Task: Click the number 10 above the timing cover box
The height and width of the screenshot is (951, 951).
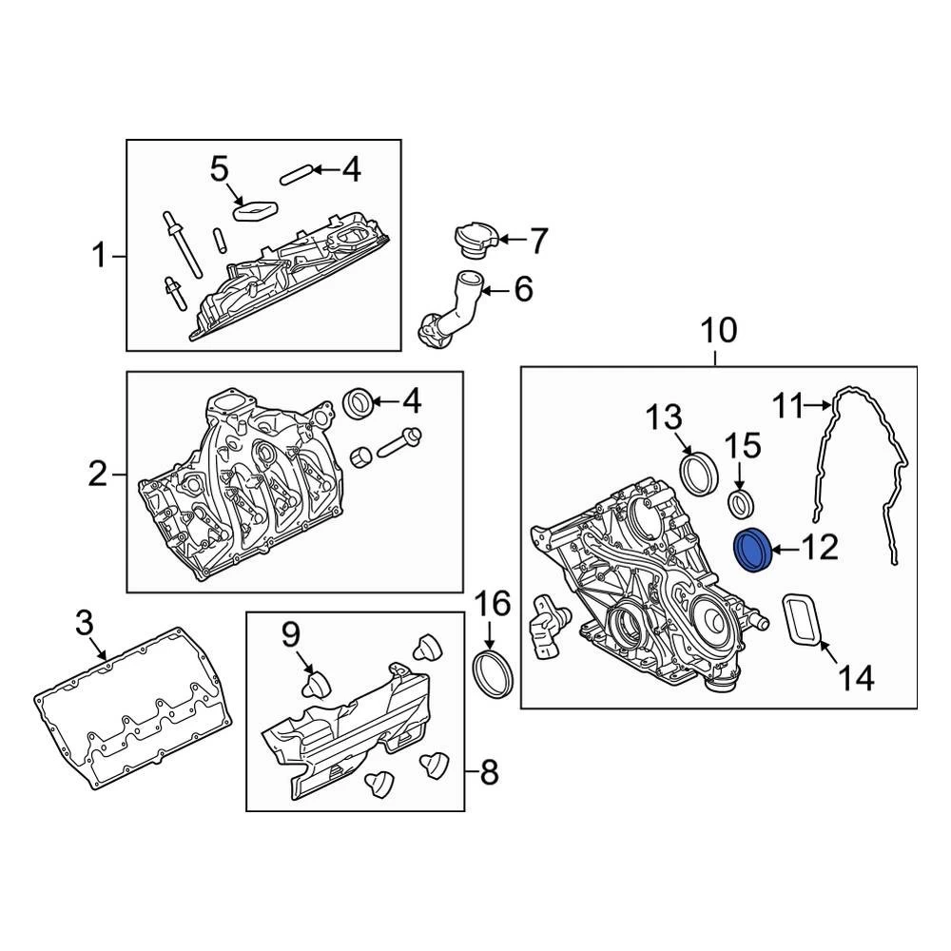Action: (x=719, y=331)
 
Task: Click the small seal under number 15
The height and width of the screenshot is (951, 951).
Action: (x=742, y=502)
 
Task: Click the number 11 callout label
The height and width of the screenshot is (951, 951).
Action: (x=788, y=407)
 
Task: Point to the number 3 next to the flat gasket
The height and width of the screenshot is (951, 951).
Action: (x=85, y=624)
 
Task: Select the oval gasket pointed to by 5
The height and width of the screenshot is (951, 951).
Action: (x=255, y=209)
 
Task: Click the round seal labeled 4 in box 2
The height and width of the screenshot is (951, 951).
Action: (x=359, y=402)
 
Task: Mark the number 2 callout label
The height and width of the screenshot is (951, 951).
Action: (x=98, y=473)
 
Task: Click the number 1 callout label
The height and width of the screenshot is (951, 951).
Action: (x=99, y=256)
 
